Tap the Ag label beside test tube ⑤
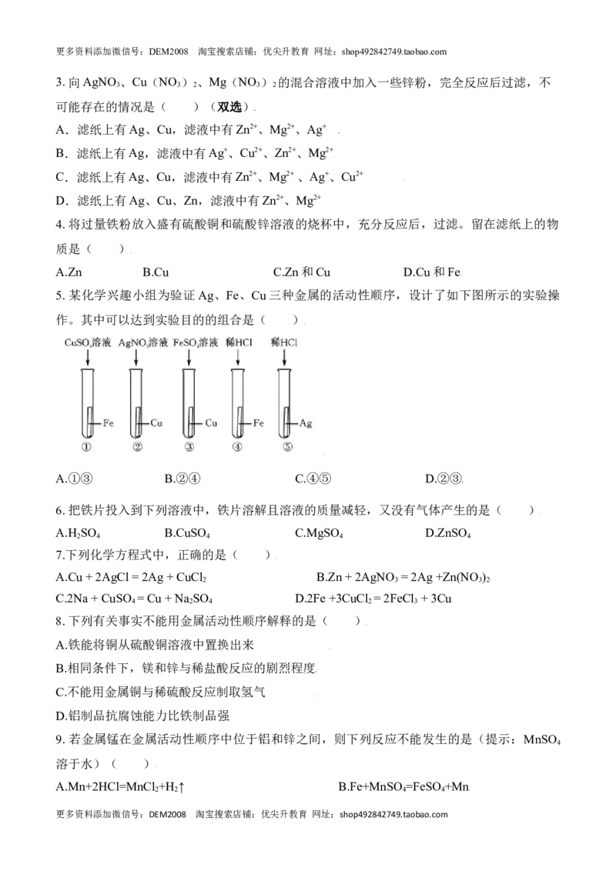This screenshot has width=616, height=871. [x=306, y=423]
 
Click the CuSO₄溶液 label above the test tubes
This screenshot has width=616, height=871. [x=88, y=342]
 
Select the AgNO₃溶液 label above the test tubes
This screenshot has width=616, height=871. [x=143, y=342]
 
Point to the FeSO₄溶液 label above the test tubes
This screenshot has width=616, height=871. [x=195, y=342]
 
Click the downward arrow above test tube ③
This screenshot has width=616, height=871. [x=189, y=359]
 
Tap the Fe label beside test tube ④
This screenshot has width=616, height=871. [x=259, y=423]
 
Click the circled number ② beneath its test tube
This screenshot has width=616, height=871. [x=138, y=446]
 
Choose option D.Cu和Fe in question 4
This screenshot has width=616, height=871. [x=432, y=272]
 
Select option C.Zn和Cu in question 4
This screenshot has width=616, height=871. [x=301, y=272]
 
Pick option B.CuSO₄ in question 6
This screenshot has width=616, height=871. [x=187, y=533]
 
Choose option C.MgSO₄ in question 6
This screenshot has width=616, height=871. [x=319, y=533]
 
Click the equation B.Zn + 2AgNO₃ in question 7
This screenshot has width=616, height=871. [x=403, y=577]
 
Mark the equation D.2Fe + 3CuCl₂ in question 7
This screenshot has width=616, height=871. [x=373, y=599]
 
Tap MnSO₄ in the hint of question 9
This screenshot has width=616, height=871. [x=542, y=740]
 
